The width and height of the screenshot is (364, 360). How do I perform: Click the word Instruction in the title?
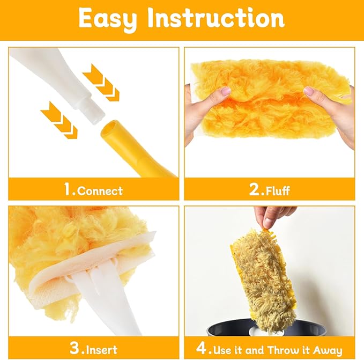[x=217, y=18]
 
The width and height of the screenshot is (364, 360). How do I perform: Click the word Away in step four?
[x=329, y=350]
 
